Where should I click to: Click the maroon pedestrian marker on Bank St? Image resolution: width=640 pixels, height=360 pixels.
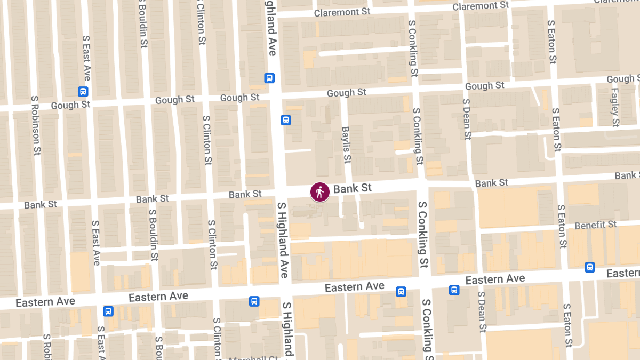point(319,192)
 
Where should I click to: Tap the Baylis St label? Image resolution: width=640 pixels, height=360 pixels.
point(346,145)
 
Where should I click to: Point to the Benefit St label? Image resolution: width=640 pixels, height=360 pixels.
point(595,225)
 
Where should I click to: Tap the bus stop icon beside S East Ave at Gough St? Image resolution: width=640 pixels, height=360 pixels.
point(83,91)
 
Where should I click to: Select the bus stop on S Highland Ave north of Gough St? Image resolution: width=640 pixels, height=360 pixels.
point(269,78)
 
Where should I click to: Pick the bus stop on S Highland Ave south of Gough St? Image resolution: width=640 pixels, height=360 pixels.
point(286,120)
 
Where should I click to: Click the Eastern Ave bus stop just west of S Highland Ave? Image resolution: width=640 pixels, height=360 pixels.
point(254,301)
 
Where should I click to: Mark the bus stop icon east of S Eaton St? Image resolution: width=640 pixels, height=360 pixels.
point(590,267)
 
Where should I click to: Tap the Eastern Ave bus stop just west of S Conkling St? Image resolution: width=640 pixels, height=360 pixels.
point(401,291)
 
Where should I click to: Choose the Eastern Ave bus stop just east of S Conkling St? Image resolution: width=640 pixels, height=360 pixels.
point(454,290)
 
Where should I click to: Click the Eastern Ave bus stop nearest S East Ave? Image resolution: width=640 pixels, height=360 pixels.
point(108,311)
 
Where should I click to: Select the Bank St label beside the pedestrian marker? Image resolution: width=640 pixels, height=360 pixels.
point(353,188)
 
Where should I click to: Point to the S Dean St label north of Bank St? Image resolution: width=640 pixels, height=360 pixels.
point(467,118)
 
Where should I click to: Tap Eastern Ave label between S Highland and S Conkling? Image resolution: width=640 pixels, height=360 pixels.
point(355,287)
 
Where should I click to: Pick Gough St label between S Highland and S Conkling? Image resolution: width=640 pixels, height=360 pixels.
point(347,93)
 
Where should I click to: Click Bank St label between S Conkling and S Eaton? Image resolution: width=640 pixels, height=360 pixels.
point(491,183)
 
